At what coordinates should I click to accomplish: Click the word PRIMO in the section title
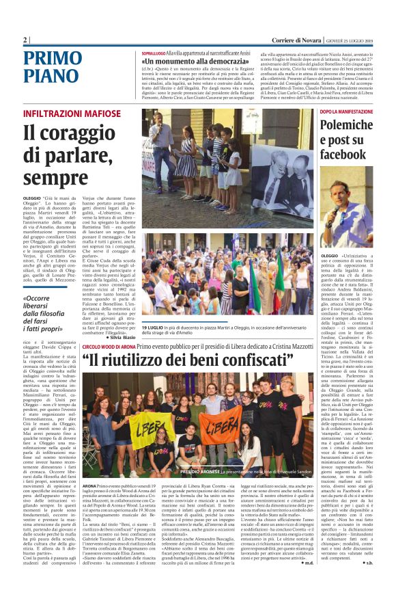click(x=57, y=58)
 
